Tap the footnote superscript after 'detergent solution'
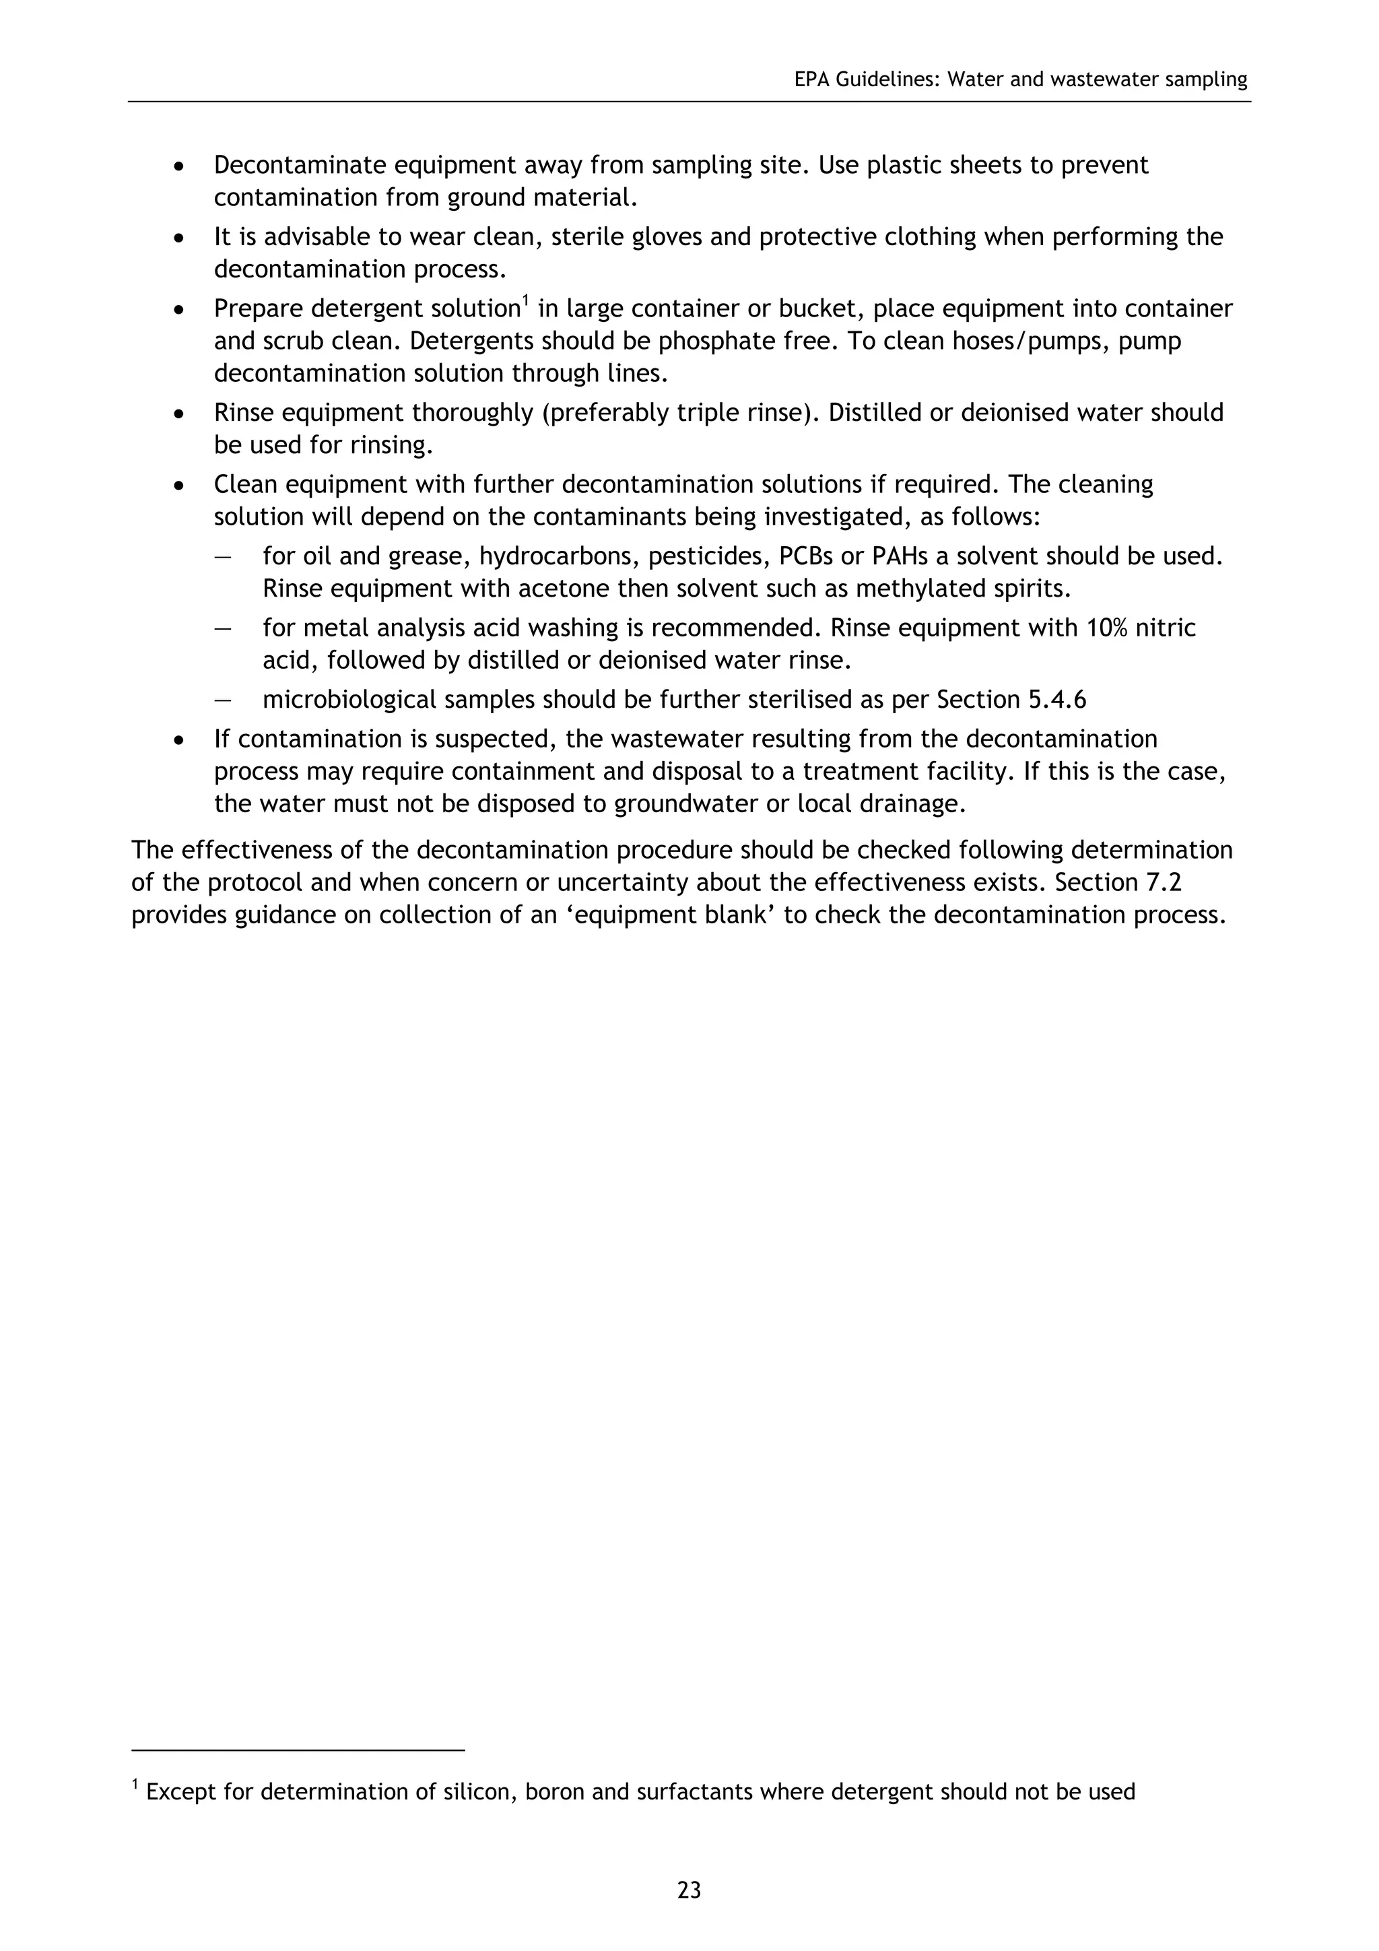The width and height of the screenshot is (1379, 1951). click(525, 300)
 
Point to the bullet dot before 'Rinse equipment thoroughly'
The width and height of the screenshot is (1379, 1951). click(178, 414)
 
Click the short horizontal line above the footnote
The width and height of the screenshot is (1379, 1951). click(298, 1750)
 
